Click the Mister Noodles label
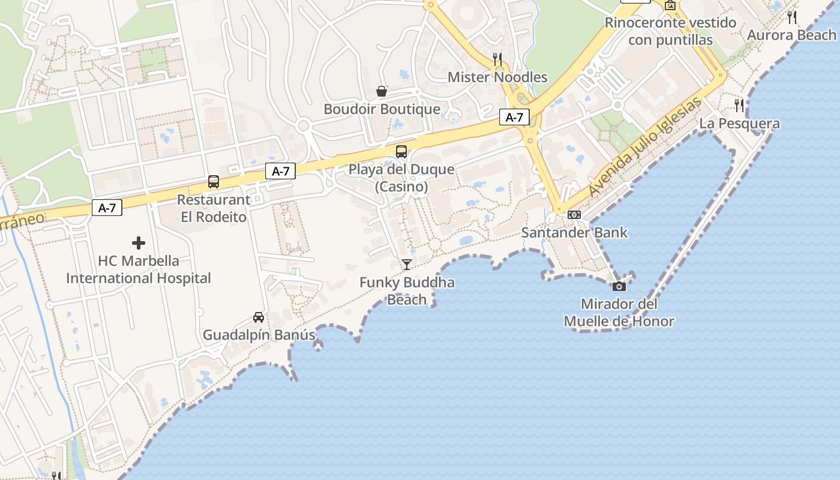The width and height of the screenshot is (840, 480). pos(497,77)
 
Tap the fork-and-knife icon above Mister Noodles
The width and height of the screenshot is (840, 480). pos(497,59)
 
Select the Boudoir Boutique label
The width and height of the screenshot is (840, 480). pos(382,109)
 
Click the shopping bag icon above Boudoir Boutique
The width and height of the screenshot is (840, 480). pos(382,91)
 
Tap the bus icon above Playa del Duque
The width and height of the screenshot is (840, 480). pos(401,152)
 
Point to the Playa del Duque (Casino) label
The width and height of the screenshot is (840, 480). pos(401,178)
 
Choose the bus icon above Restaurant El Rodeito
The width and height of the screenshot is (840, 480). pos(214,182)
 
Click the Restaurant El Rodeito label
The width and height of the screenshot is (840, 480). pos(214,208)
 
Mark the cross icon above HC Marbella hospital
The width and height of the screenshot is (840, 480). pos(139,243)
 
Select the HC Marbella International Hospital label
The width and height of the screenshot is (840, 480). pos(139,269)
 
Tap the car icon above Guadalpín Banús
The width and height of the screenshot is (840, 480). pos(259,317)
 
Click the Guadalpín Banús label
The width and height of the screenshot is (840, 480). pos(259,335)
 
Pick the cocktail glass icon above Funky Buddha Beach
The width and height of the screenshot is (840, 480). pos(407,264)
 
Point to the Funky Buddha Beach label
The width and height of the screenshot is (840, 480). pos(407,291)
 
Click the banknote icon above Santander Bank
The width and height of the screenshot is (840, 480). pos(574,215)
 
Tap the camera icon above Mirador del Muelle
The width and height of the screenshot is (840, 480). pos(619,287)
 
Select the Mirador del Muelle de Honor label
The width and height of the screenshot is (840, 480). pos(619,313)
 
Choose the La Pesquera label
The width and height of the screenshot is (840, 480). pos(739,124)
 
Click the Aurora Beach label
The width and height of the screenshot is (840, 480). pos(791,35)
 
